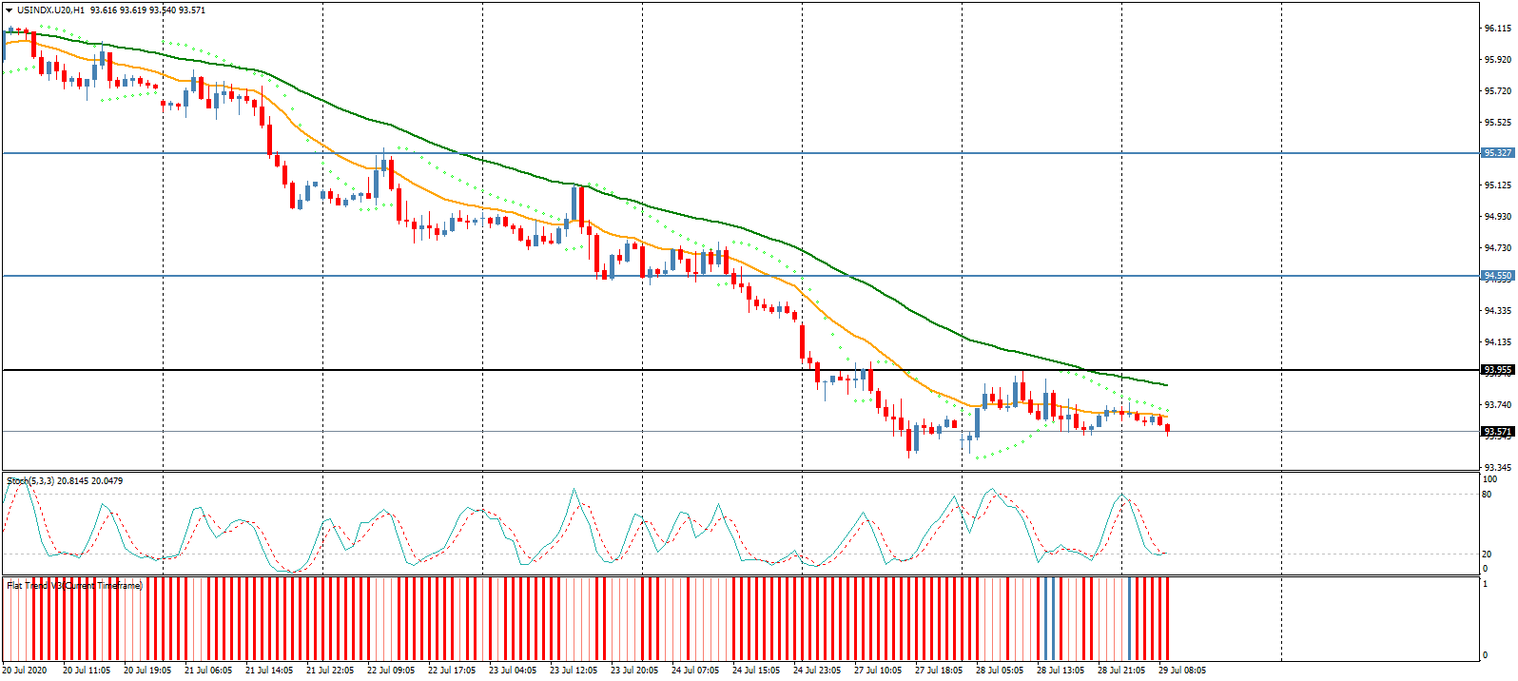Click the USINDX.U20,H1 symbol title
point(50,10)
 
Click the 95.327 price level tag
point(1497,153)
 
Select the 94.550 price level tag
point(1497,276)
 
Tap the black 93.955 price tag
point(1497,370)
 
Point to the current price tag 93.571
point(1497,432)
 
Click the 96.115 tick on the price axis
point(1497,29)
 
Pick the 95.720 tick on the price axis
point(1497,91)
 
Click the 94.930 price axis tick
point(1497,217)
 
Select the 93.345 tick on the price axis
point(1497,468)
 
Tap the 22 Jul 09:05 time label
point(391,671)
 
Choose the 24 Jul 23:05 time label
point(817,671)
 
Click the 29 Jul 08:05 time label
point(1182,671)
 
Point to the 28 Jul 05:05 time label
point(1000,671)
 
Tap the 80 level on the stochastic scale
point(1487,495)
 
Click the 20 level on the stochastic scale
point(1487,555)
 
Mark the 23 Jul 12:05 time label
point(574,671)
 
